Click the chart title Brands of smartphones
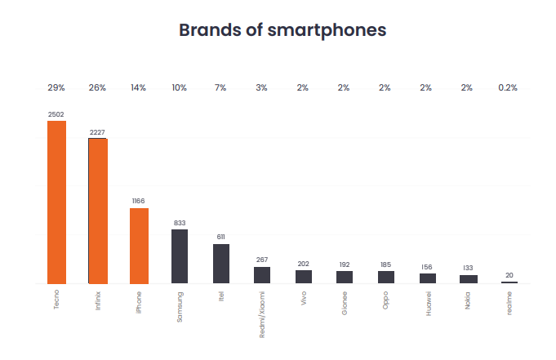(x=282, y=30)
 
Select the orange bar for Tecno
(x=56, y=202)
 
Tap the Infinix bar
(x=98, y=211)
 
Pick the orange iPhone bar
(x=139, y=246)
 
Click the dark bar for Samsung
(x=180, y=256)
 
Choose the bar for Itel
(x=221, y=264)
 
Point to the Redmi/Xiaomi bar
(x=262, y=275)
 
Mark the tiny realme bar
(x=509, y=282)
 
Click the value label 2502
(x=56, y=115)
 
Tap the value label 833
(x=180, y=223)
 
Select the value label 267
(x=262, y=260)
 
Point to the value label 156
(x=427, y=267)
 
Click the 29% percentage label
(x=56, y=87)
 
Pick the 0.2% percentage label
(x=508, y=87)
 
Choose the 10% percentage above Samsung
(x=180, y=87)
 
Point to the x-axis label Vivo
(x=304, y=298)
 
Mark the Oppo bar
(x=386, y=278)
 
